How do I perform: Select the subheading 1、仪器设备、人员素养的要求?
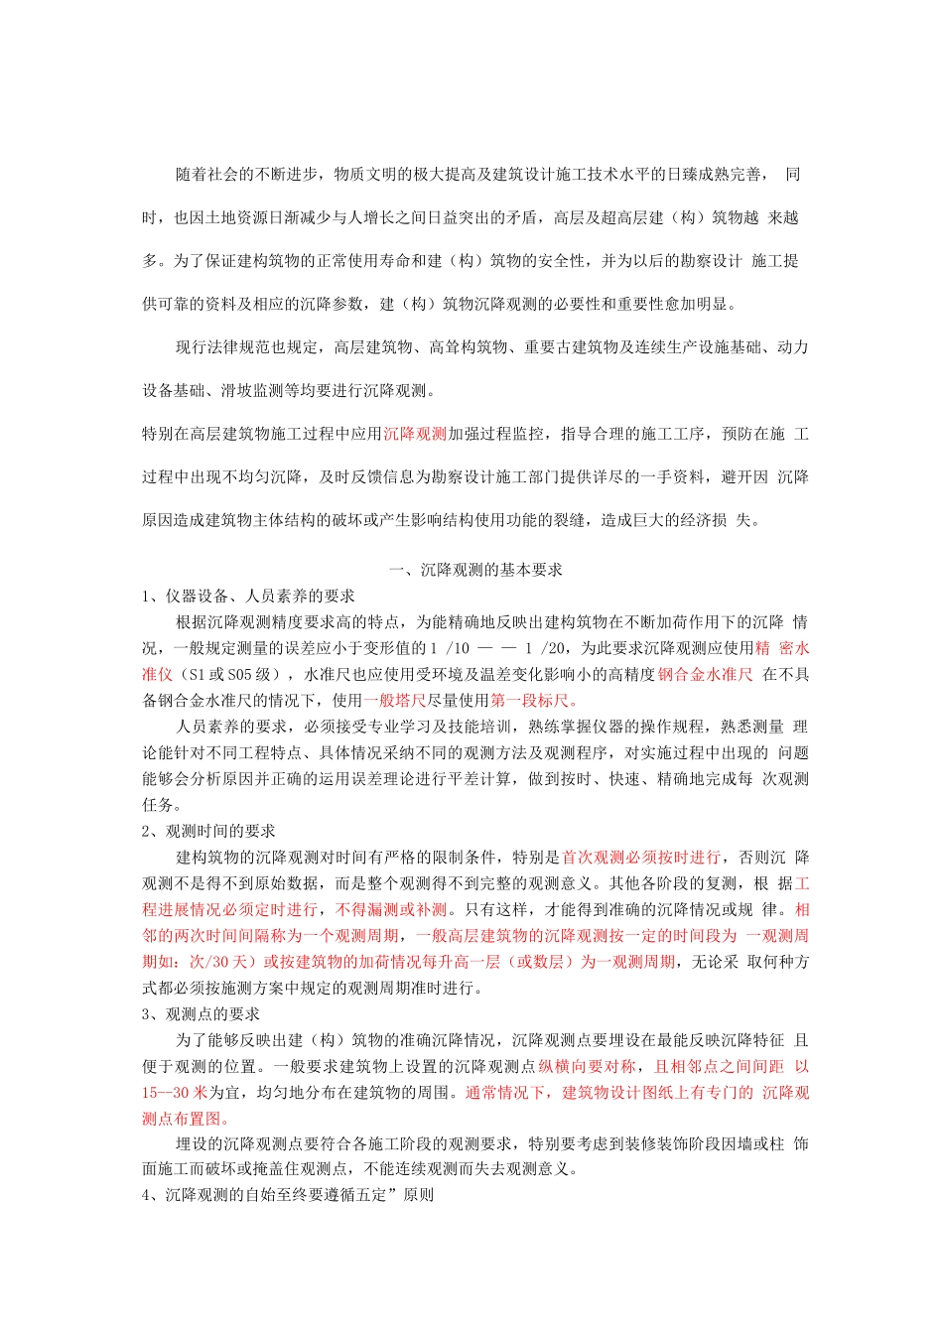[248, 596]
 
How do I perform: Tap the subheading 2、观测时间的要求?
[208, 831]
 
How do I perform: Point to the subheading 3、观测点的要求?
[201, 1013]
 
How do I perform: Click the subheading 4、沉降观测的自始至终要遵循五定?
[288, 1195]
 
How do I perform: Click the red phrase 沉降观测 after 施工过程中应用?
[415, 434]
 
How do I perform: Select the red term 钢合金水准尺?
[705, 674]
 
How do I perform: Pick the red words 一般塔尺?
[394, 700]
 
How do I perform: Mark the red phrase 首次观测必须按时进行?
[641, 857]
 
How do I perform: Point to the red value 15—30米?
[175, 1092]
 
